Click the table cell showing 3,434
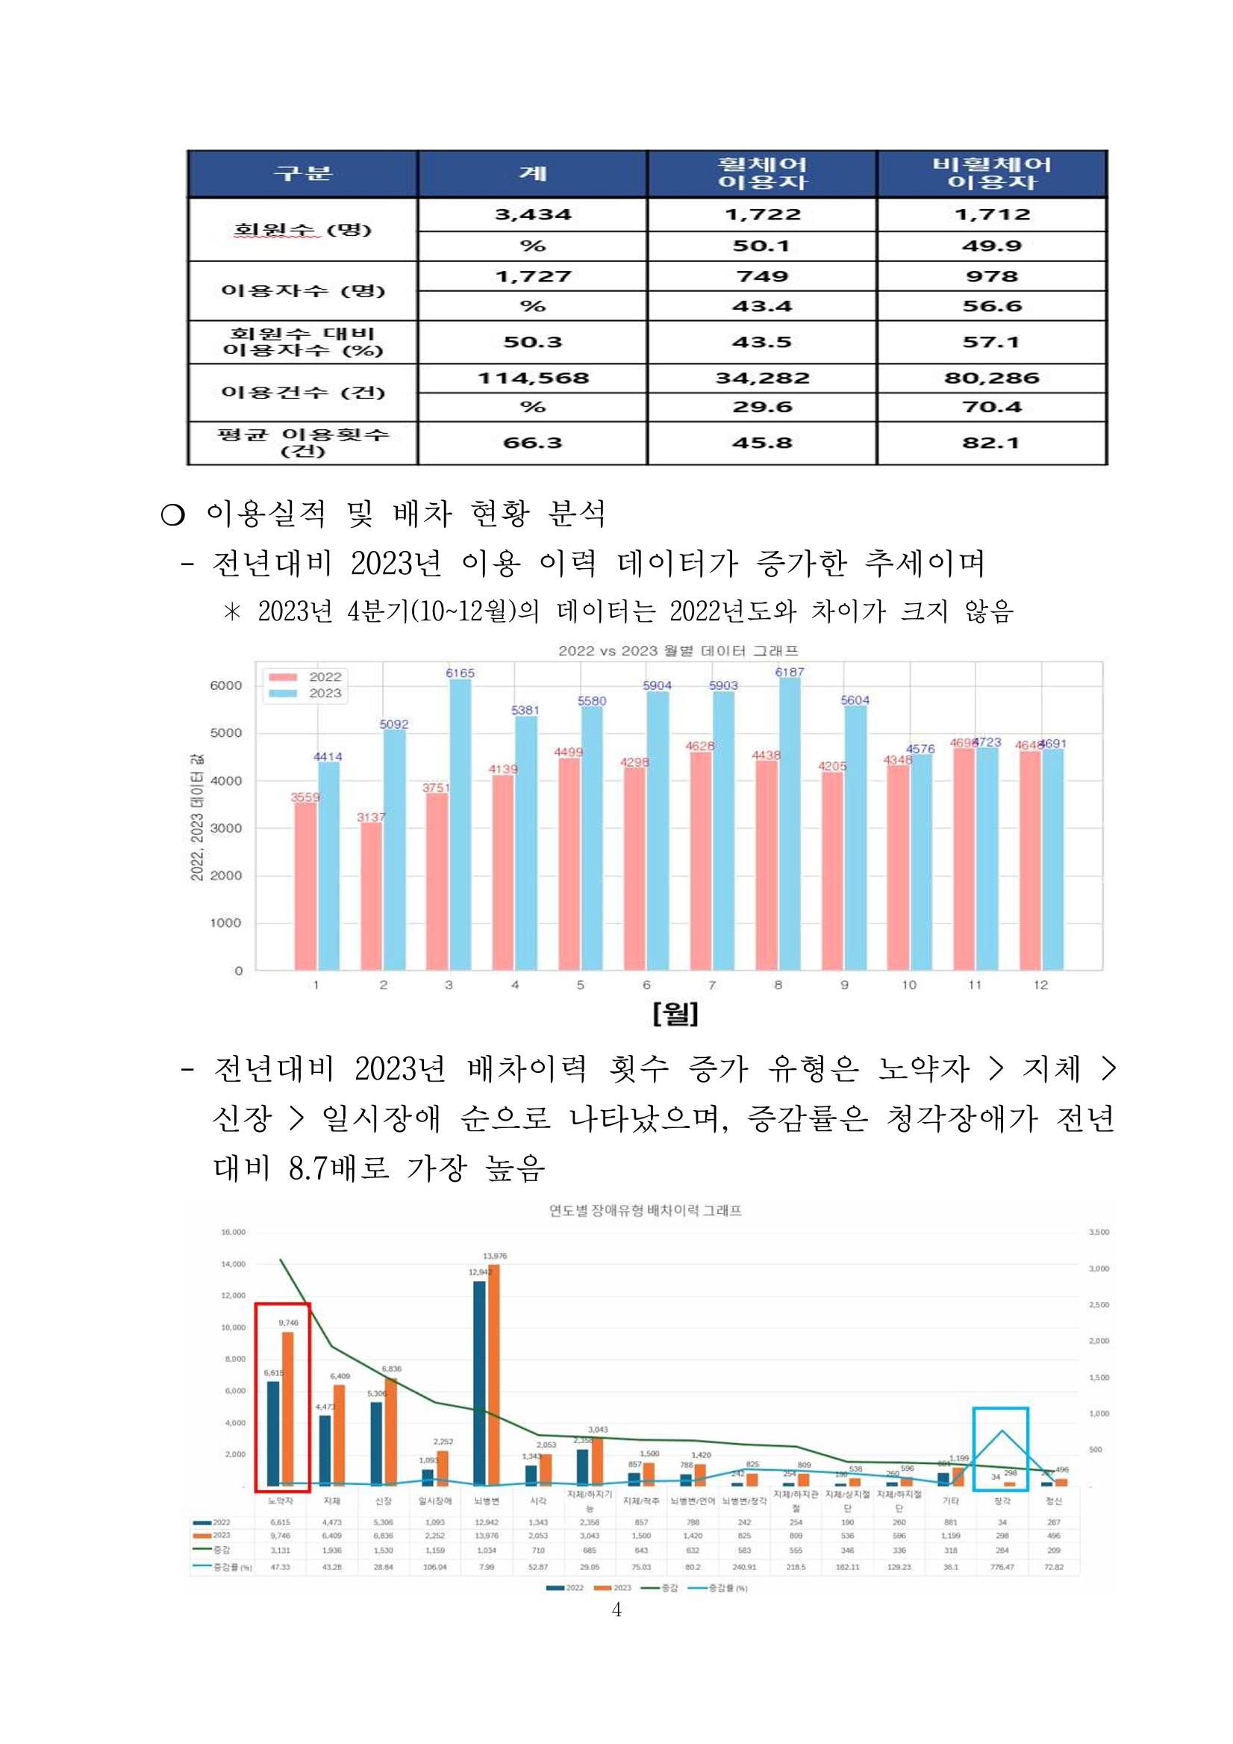tap(532, 215)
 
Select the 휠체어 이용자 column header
tap(762, 173)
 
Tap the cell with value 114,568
tap(532, 379)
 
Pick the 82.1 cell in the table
tap(992, 443)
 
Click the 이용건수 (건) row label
tap(302, 393)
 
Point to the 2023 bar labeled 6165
tap(460, 824)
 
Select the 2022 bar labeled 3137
tap(371, 897)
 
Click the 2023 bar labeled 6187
tap(790, 824)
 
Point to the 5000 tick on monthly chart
tap(226, 733)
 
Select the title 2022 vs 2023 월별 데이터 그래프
tap(678, 651)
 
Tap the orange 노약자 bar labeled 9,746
tap(288, 1409)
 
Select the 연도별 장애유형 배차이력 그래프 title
tap(645, 1210)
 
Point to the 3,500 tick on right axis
tap(1099, 1232)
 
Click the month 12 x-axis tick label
tap(1040, 985)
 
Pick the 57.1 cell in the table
tap(992, 342)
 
